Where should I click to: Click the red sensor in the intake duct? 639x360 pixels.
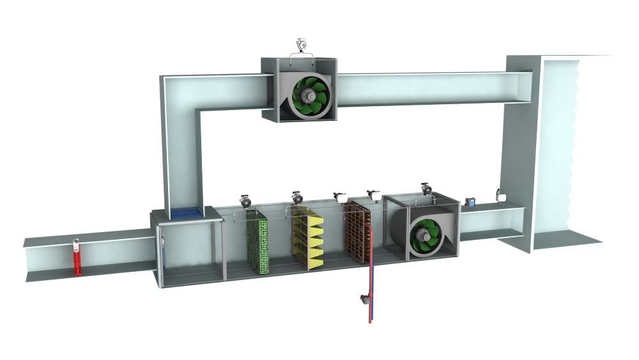pos(77,257)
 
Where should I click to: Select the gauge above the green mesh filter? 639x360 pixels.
pos(245,200)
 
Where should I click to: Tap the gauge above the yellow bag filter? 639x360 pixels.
pos(296,198)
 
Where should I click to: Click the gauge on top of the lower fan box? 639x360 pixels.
pos(426,189)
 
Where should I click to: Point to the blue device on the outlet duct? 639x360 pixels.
pos(470,202)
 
